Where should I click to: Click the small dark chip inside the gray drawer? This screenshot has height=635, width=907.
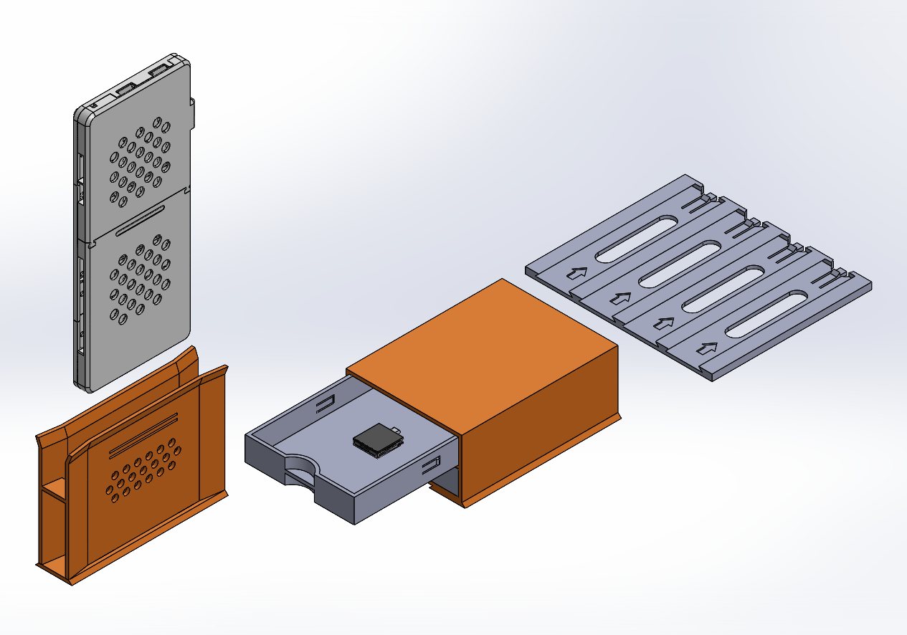point(376,439)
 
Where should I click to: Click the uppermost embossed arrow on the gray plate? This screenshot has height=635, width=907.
point(578,272)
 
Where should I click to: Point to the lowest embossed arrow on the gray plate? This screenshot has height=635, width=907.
point(708,348)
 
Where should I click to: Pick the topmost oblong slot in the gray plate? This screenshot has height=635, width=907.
point(636,237)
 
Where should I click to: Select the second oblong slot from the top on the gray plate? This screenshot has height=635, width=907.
point(679,263)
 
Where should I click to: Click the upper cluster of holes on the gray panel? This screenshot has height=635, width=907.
point(140,161)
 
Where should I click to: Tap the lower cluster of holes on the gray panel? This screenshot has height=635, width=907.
point(141,280)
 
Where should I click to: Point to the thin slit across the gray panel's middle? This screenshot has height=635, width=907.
point(141,219)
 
